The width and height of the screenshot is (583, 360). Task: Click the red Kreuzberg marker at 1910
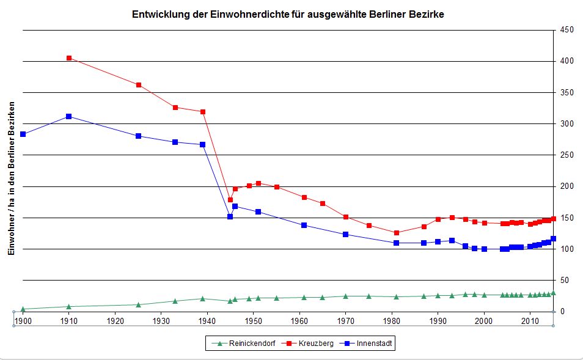point(68,58)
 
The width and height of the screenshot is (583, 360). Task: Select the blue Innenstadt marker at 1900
point(23,134)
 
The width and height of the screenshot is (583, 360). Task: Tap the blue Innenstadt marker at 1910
point(68,116)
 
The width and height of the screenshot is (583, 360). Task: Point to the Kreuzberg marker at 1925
point(139,85)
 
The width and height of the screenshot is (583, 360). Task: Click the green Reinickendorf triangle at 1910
point(68,306)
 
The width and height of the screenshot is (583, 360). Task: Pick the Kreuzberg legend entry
point(313,344)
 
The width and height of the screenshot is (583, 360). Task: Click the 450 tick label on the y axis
point(566,30)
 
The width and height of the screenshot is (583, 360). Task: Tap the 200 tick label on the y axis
point(566,186)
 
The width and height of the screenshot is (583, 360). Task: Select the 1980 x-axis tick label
point(392,320)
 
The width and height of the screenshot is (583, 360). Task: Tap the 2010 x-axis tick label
point(530,320)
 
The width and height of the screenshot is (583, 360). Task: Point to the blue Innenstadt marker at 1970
point(346,234)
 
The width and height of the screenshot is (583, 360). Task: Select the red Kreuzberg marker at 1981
point(397,233)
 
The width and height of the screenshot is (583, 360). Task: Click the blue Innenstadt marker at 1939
point(202,145)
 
